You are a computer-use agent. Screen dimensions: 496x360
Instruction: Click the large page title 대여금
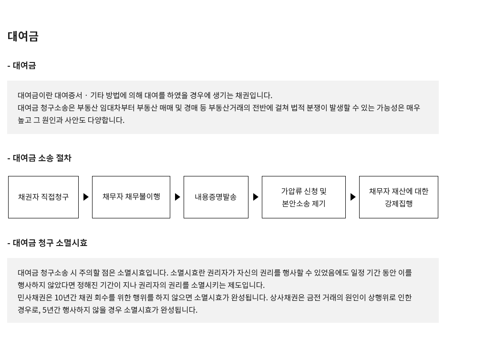point(23,36)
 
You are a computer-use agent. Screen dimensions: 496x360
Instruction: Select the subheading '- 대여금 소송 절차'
point(39,158)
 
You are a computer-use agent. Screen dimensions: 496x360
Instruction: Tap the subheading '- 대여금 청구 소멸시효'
point(47,243)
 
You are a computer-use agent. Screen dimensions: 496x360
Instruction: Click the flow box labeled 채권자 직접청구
point(43,197)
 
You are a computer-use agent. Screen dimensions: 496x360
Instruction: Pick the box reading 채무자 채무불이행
point(131,197)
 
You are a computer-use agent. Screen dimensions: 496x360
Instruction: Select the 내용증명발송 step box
point(216,197)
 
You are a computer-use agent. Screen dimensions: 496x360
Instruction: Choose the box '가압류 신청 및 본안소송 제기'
point(304,197)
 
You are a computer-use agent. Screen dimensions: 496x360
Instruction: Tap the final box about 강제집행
point(399,197)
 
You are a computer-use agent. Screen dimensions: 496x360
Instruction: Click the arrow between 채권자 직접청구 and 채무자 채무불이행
point(86,197)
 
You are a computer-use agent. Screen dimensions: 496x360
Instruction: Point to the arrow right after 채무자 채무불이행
point(177,197)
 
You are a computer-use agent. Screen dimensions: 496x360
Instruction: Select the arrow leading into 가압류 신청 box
point(256,197)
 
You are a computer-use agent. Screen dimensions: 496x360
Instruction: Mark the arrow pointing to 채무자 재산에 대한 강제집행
point(353,197)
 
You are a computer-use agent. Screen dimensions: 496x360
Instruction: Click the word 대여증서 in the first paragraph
point(68,95)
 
